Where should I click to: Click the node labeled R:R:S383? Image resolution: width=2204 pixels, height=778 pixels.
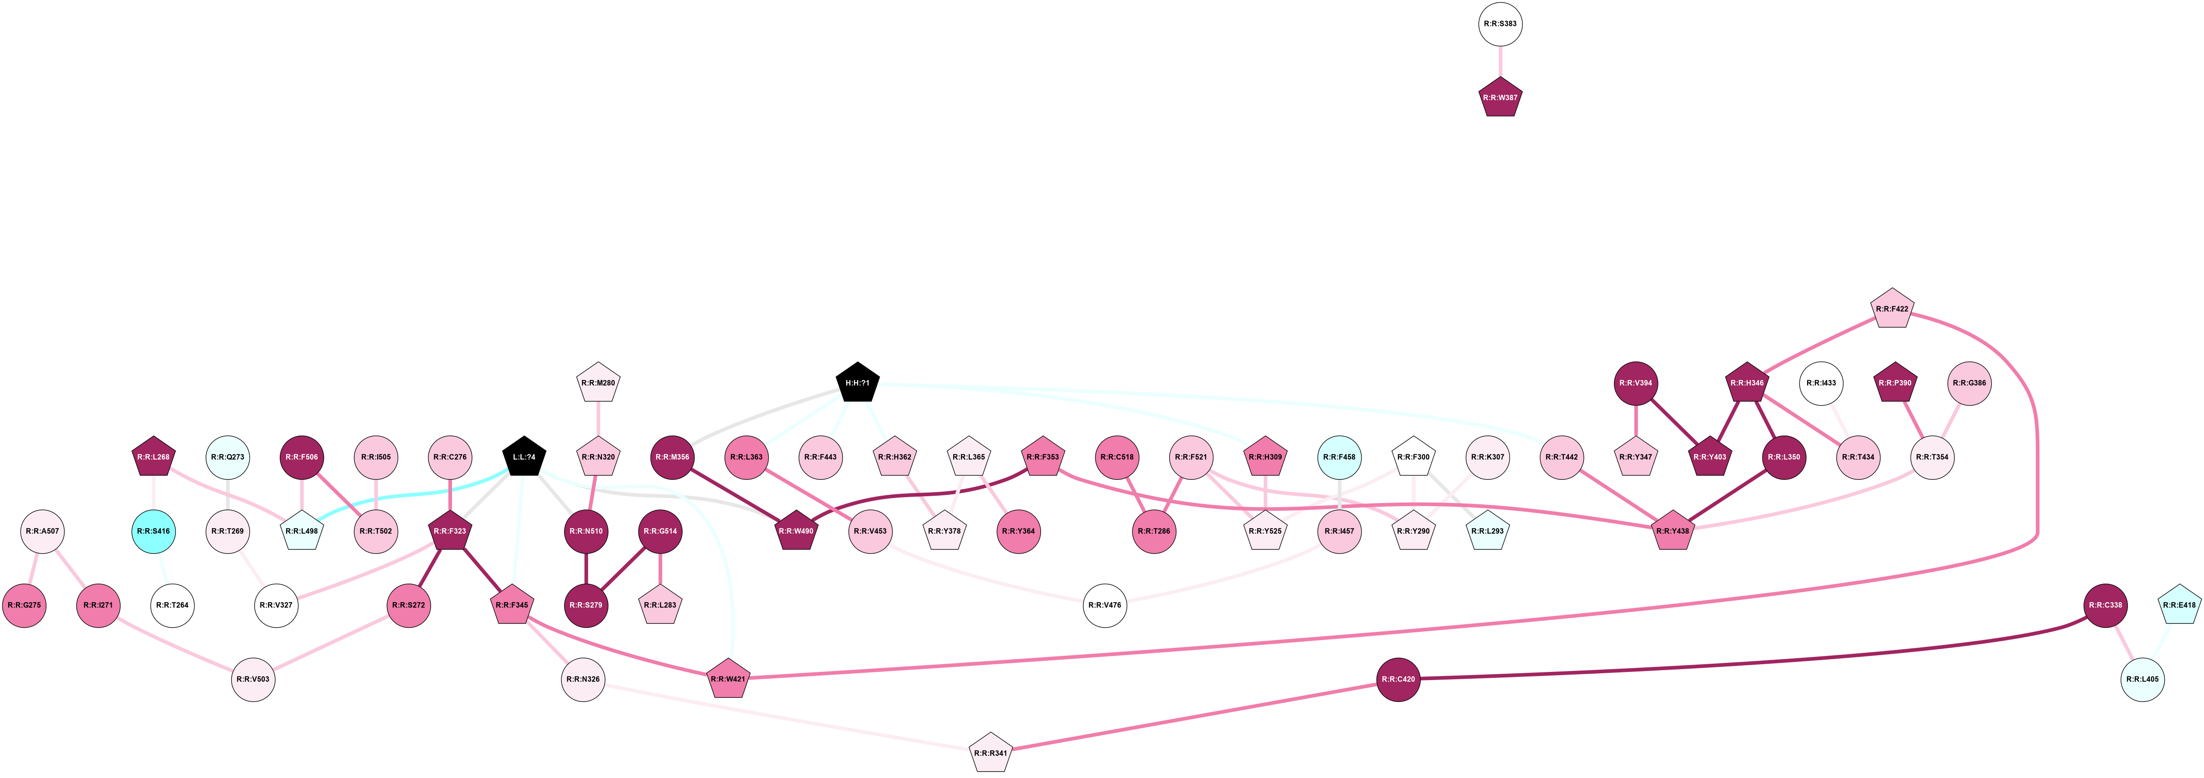(x=1500, y=24)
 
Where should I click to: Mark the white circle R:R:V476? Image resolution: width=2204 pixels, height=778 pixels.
(x=1105, y=605)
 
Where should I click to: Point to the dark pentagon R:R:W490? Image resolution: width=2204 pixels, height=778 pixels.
(x=796, y=531)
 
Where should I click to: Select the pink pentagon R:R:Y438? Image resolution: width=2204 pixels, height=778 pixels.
(x=1672, y=531)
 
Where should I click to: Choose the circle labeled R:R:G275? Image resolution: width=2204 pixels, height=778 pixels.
(x=25, y=605)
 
